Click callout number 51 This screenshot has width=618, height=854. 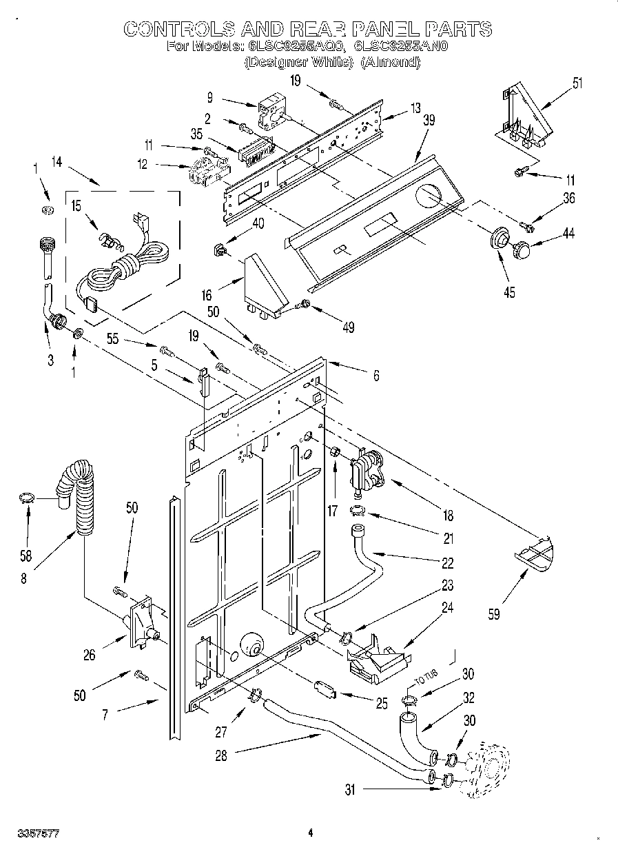click(x=577, y=85)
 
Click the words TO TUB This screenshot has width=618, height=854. click(x=424, y=678)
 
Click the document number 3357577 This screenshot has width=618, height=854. click(x=34, y=834)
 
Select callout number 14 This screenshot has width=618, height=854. click(x=57, y=163)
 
